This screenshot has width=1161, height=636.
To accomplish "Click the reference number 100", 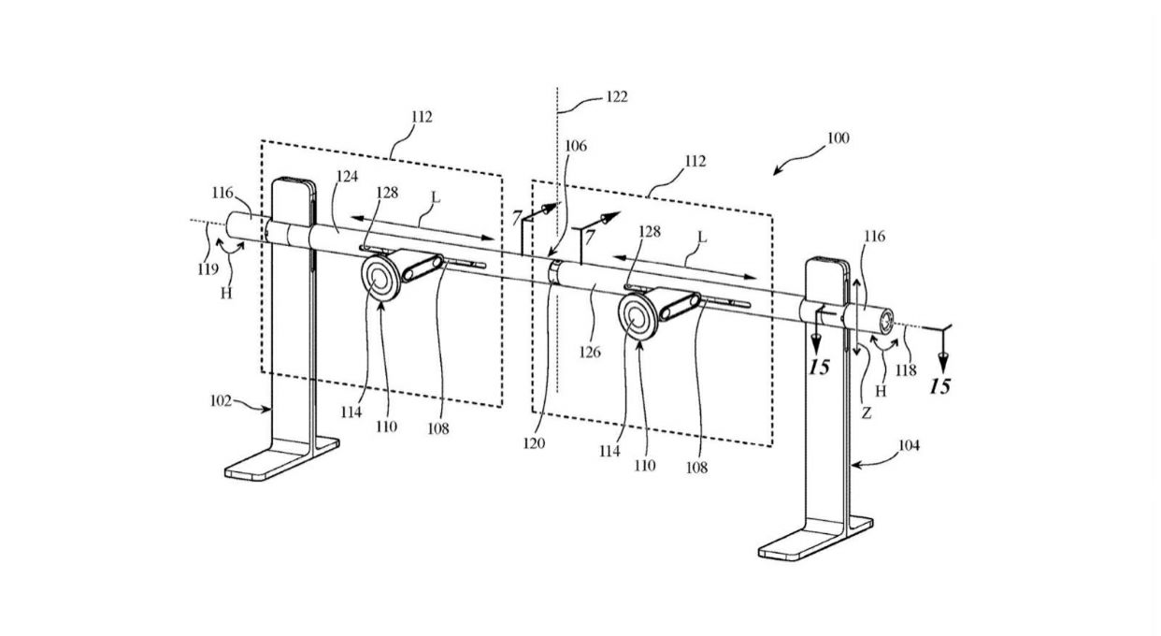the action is [838, 138].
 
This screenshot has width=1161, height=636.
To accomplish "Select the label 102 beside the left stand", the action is [221, 401].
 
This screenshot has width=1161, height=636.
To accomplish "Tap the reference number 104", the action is [910, 445].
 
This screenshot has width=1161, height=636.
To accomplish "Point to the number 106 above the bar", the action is [575, 146].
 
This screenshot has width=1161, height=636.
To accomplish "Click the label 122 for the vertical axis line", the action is [617, 97].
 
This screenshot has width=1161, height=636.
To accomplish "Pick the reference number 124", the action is [347, 177].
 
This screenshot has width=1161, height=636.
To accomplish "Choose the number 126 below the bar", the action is [589, 353].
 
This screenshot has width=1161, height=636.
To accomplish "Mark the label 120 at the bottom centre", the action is [534, 443].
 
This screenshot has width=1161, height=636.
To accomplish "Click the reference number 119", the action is [208, 269].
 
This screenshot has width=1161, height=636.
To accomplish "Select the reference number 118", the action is [906, 369].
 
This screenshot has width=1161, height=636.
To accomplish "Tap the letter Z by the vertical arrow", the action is [867, 413].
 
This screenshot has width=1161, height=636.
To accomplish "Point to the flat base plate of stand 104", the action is [816, 538].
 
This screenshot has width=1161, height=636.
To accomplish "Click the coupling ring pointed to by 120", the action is [554, 272].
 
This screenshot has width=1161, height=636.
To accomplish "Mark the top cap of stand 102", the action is [294, 181].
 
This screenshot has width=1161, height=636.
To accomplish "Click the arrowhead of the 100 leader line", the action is [777, 172].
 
